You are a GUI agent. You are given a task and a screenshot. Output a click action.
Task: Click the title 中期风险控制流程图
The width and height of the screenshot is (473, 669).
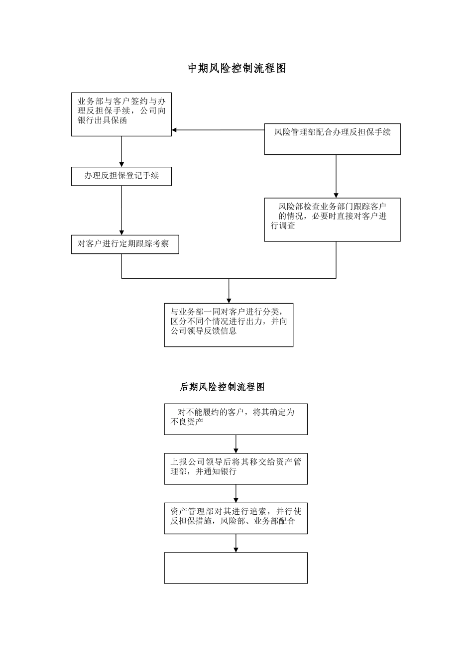coord(236,69)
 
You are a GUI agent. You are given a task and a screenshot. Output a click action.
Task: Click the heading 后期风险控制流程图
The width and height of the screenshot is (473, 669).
coord(222,387)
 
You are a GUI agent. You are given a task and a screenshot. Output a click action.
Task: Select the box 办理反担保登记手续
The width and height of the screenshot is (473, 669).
coord(121,176)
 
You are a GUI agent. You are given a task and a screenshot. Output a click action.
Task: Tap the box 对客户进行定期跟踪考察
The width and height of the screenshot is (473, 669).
coord(125,244)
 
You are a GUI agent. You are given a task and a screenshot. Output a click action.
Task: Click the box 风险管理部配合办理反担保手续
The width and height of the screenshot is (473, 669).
coord(332,139)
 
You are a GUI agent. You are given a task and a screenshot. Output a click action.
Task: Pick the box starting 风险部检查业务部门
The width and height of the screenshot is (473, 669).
coord(332,220)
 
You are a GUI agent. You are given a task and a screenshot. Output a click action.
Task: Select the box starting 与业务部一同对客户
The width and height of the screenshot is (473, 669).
coord(229,325)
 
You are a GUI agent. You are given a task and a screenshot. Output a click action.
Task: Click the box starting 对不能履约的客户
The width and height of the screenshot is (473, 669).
coord(236,419)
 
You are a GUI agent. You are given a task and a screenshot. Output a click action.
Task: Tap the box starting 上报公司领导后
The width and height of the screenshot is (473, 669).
coord(236,468)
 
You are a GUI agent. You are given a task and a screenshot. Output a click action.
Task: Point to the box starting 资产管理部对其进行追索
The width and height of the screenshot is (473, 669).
coord(236,518)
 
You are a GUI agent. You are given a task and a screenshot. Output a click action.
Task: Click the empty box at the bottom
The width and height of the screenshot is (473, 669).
coord(236,567)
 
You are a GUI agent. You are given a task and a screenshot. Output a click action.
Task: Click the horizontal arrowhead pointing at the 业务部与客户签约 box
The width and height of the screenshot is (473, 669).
coord(175,130)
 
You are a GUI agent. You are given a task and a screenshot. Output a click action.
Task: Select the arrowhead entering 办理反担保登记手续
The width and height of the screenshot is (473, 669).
coord(121,164)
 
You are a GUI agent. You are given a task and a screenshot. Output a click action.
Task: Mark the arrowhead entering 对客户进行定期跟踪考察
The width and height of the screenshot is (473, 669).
coord(121,232)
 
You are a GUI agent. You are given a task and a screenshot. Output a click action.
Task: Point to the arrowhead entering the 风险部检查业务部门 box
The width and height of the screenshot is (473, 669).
coord(336,195)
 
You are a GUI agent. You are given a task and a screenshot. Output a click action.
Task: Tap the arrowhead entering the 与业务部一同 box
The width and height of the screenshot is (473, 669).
coord(229,300)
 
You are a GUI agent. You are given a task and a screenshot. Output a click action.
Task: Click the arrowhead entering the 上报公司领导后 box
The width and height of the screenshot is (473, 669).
coord(236,450)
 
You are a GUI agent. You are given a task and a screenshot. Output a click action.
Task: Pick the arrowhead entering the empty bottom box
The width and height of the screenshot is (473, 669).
coord(236,549)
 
